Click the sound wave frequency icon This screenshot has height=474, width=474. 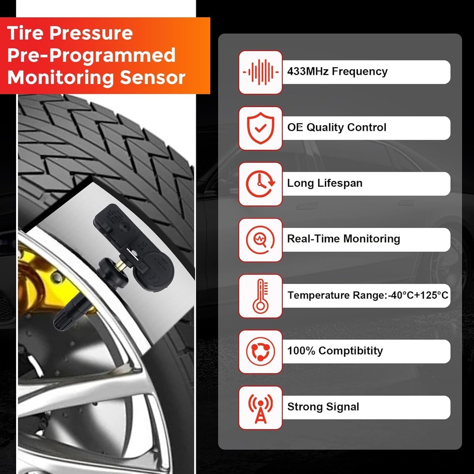260,73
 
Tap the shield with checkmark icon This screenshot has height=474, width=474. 260,128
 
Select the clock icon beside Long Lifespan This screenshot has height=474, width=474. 260,184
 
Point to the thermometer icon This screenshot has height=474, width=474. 260,296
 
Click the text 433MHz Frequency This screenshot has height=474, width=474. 337,72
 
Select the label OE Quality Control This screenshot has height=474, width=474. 337,128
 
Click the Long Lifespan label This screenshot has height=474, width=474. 325,183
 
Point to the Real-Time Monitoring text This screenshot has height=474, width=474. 343,239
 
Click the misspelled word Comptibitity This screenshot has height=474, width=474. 350,351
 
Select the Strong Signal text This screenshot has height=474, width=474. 323,407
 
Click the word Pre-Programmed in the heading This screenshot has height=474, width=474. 91,55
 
